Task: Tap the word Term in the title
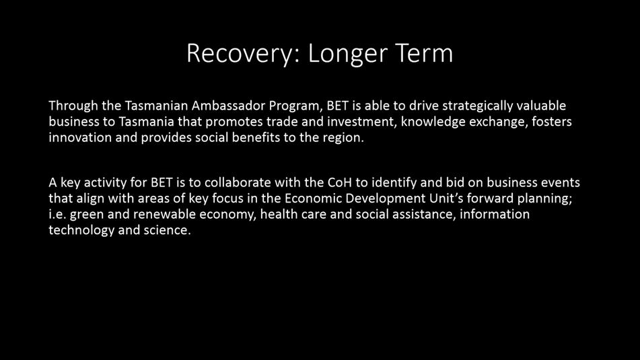click(x=424, y=53)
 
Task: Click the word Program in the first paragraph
click(x=295, y=106)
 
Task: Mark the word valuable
click(x=541, y=105)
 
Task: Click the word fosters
click(x=551, y=121)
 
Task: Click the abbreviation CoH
click(x=340, y=182)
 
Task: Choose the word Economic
click(x=313, y=199)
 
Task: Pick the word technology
click(x=81, y=231)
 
